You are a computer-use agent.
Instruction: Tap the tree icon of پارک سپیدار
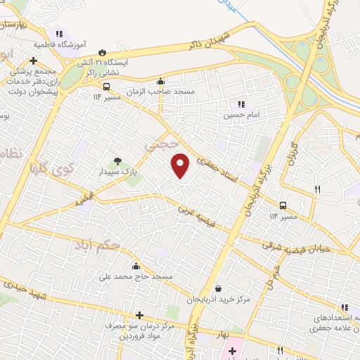tap(117, 161)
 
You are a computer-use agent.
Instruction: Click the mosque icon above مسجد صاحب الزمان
tap(161, 82)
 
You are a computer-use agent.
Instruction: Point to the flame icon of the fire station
tap(103, 51)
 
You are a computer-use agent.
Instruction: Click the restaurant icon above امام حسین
tap(241, 104)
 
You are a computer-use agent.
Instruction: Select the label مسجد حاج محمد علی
tap(136, 277)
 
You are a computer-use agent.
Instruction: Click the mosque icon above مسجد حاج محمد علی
tap(136, 266)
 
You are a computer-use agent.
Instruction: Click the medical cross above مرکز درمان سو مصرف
tap(139, 315)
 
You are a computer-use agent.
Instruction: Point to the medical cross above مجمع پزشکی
tap(33, 60)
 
